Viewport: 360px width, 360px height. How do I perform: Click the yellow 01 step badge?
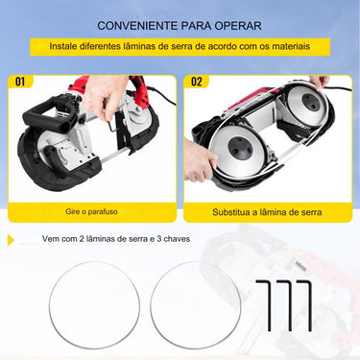coord(18,82)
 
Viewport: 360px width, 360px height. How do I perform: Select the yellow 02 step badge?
coord(197,82)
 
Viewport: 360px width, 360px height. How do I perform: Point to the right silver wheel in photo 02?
coord(307,122)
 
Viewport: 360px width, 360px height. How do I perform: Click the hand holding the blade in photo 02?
coord(196,160)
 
